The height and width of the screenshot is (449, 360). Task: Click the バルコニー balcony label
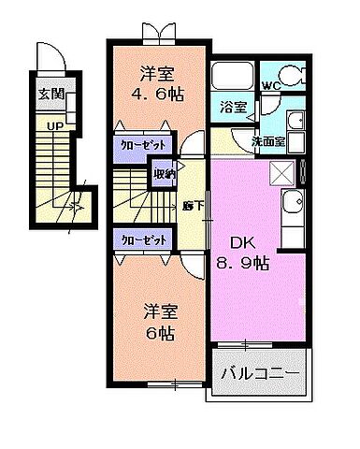pyautogui.click(x=260, y=375)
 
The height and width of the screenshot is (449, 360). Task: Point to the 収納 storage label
pyautogui.click(x=165, y=173)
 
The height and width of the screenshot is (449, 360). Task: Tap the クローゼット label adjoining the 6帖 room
pyautogui.click(x=145, y=239)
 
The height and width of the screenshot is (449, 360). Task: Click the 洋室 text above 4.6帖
pyautogui.click(x=157, y=73)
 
